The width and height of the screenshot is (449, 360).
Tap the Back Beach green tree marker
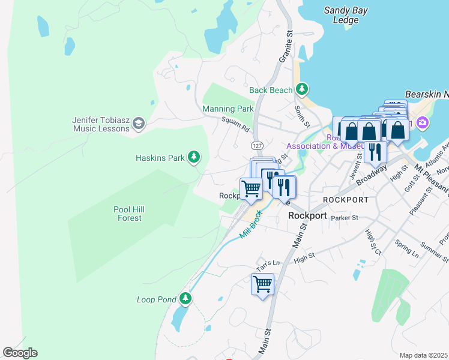pyautogui.click(x=303, y=90)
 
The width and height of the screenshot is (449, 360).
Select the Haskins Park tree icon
pyautogui.click(x=193, y=157)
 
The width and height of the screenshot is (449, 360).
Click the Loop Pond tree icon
pyautogui.click(x=186, y=298)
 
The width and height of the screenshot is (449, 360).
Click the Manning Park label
pyautogui.click(x=228, y=109)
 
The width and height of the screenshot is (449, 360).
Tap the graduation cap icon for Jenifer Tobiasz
pyautogui.click(x=139, y=124)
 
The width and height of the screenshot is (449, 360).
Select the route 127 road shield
pyautogui.click(x=257, y=146)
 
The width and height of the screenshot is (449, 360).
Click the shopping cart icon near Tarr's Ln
pyautogui.click(x=262, y=283)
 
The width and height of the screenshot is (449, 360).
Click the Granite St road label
pyautogui.click(x=285, y=47)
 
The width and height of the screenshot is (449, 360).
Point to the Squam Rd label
pyautogui.click(x=235, y=125)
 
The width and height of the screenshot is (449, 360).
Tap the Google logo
pyautogui.click(x=20, y=353)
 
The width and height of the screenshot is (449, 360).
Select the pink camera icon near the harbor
pyautogui.click(x=423, y=122)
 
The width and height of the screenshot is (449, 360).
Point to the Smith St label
pyautogui.click(x=302, y=116)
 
